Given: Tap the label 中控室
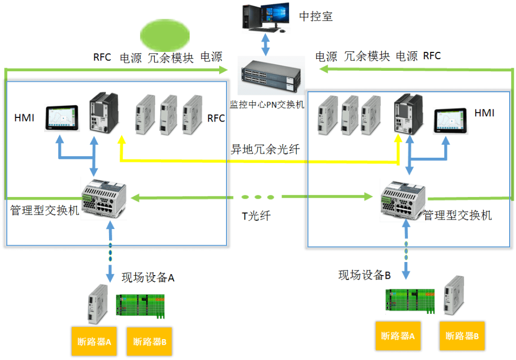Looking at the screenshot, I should (316, 16).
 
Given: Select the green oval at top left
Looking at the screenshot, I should (165, 35).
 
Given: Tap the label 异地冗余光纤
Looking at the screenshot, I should (265, 149).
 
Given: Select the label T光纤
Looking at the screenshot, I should (256, 215).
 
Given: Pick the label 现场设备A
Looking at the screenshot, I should (148, 277).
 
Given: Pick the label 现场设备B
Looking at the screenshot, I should (364, 275).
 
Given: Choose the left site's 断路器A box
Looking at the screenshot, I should (94, 342).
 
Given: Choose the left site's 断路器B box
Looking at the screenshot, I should (149, 342).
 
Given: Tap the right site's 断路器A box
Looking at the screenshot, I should (397, 336).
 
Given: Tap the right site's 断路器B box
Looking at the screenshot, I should (461, 336).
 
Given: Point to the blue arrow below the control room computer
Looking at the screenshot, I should (266, 44).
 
